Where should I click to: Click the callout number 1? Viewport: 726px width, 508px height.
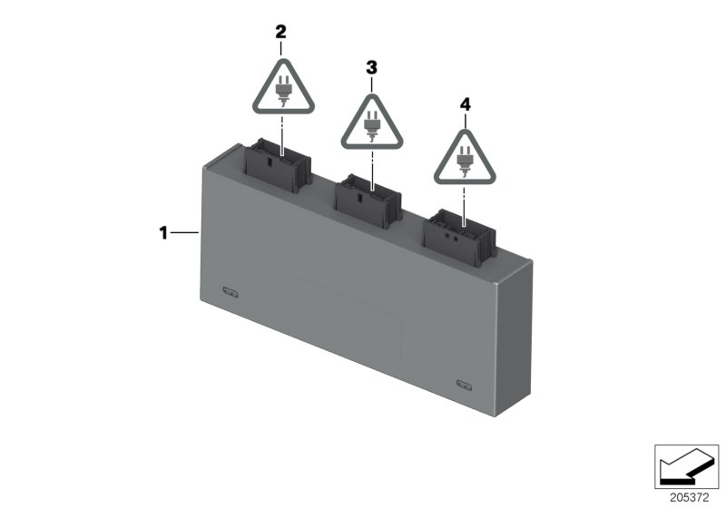[163, 233]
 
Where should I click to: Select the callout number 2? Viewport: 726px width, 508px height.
[280, 32]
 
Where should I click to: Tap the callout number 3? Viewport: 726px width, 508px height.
[370, 67]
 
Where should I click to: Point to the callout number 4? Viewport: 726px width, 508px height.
[466, 105]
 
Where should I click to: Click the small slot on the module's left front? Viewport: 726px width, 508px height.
[230, 291]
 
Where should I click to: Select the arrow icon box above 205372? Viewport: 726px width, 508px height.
[687, 464]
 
